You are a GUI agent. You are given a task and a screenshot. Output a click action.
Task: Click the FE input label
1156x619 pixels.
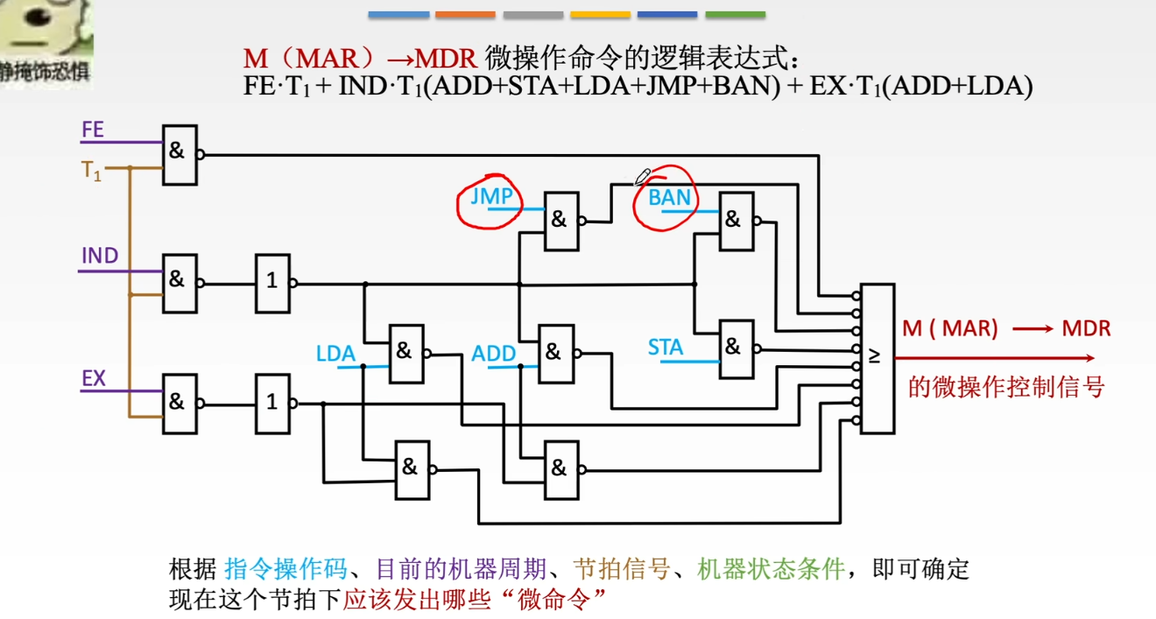92,131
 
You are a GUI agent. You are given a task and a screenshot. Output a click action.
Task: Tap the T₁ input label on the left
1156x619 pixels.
92,171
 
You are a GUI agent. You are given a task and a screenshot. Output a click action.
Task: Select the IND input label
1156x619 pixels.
99,257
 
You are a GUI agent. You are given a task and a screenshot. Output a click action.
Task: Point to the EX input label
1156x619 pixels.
94,379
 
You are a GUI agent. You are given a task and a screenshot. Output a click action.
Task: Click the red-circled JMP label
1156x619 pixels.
490,196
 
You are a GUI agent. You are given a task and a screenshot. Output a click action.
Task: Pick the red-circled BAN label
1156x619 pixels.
669,198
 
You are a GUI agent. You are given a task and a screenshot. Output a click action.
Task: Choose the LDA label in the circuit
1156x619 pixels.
335,354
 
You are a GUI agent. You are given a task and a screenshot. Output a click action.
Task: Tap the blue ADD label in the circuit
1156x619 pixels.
494,354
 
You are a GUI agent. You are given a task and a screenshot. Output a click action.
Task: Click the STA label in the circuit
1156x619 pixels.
666,348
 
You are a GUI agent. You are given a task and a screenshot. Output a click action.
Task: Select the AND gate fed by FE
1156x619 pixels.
180,151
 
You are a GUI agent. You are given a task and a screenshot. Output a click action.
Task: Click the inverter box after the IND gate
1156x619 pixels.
272,282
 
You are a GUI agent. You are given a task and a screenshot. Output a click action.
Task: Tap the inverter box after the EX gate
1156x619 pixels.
272,402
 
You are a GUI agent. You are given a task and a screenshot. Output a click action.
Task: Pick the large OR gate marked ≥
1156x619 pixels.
877,358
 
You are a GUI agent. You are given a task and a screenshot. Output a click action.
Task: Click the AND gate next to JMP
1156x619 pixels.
560,221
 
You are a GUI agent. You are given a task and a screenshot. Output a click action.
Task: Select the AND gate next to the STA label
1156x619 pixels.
735,348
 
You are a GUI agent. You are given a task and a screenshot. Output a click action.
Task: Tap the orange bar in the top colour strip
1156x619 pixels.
465,15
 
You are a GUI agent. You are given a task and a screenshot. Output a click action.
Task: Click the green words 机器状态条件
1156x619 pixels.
771,570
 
